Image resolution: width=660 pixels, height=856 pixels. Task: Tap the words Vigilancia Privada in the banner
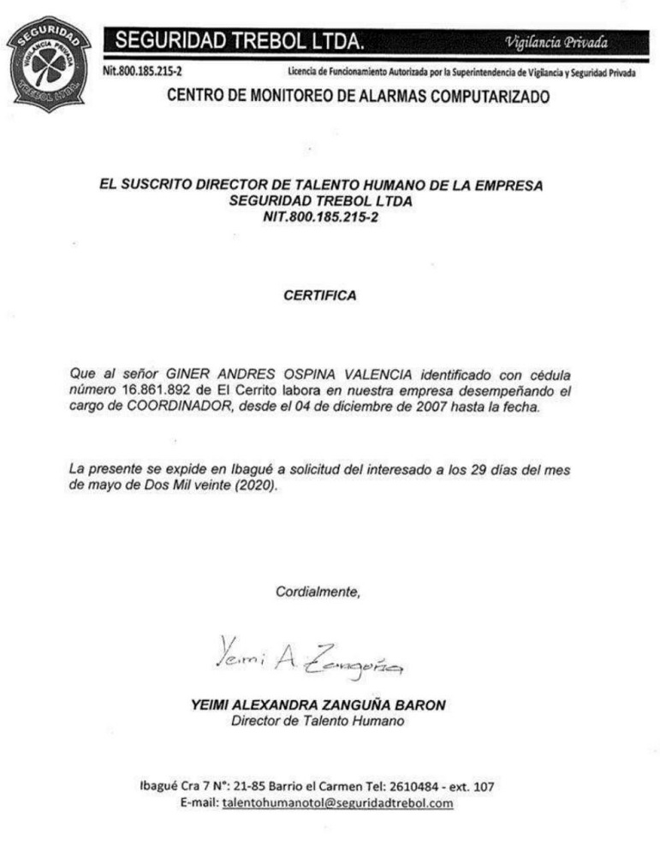click(557, 40)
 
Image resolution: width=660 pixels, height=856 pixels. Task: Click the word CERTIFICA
click(320, 296)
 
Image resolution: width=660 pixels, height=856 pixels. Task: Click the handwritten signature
click(308, 655)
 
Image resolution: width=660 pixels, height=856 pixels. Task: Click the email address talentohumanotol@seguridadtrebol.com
click(337, 803)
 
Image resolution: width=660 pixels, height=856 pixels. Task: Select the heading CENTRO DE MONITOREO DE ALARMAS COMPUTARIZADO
click(357, 97)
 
